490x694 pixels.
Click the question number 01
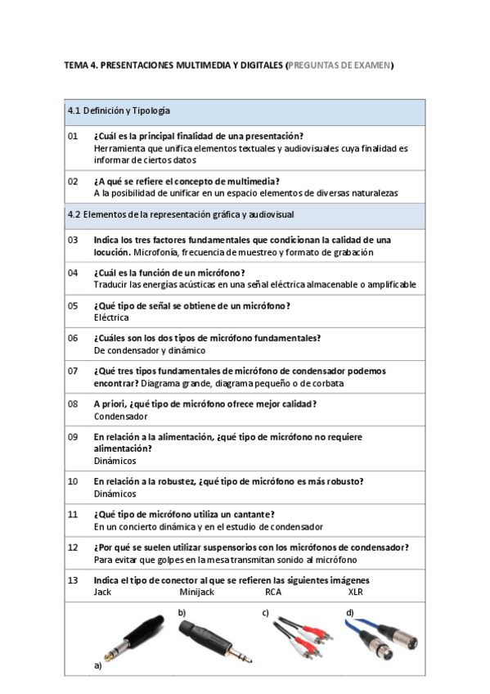pos(73,136)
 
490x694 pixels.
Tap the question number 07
pos(73,371)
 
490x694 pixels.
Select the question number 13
pos(73,580)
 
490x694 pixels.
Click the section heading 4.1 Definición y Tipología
pos(119,110)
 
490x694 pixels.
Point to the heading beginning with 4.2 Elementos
pos(181,214)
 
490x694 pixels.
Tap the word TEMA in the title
pos(76,65)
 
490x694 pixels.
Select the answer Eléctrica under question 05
pos(110,317)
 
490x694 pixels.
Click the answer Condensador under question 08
pos(120,416)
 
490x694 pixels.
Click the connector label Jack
pos(102,592)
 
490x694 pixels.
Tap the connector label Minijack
pos(196,592)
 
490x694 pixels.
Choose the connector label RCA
pos(273,592)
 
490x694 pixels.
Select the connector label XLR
pos(355,592)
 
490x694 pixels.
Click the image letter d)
pos(349,613)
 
